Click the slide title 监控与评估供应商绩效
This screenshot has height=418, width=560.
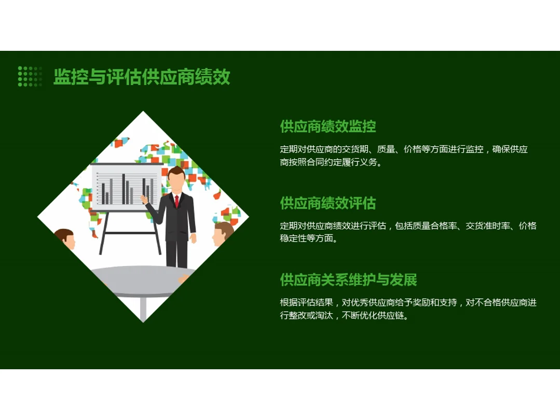(x=142, y=77)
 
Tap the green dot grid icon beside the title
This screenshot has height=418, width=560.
(x=30, y=76)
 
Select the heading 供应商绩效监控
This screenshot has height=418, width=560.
(x=327, y=126)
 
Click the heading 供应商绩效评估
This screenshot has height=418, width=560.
(x=327, y=203)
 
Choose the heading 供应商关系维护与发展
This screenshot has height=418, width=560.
(x=348, y=280)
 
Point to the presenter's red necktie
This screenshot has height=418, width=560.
(x=177, y=201)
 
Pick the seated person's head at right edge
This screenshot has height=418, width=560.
(x=223, y=233)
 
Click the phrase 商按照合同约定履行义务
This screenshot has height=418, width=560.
(x=329, y=162)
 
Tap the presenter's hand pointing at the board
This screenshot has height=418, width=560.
(x=144, y=198)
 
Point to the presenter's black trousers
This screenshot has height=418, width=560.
(x=176, y=253)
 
